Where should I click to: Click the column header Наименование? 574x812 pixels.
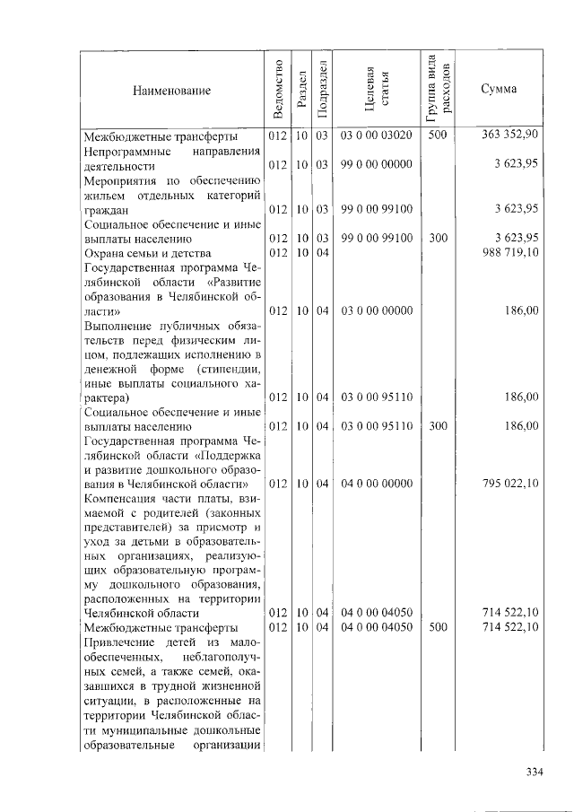tap(171, 91)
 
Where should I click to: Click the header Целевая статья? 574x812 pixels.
tap(377, 90)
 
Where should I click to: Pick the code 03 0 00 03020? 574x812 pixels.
tap(377, 135)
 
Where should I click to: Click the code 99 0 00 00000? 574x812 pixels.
tap(377, 165)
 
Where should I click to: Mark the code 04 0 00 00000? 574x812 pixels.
tap(377, 484)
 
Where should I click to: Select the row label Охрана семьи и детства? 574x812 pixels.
tap(146, 253)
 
